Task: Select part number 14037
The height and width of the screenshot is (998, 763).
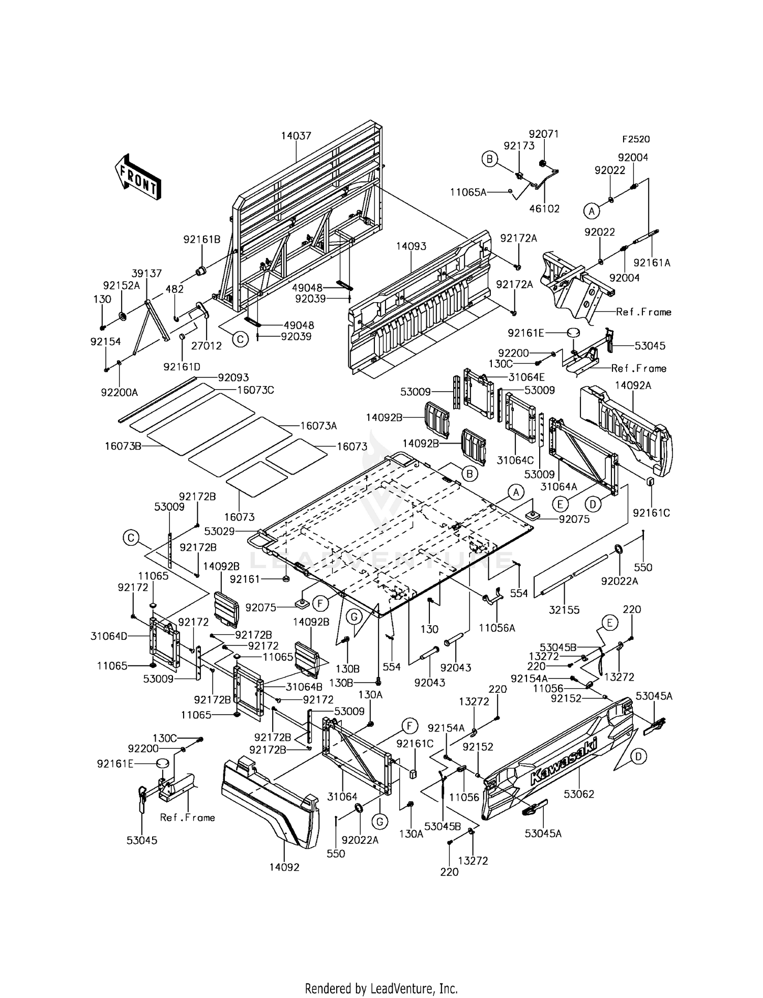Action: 296,136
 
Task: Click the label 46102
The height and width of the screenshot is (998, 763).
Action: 544,209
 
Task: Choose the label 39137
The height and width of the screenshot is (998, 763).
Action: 147,273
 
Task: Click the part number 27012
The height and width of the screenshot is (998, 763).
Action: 207,346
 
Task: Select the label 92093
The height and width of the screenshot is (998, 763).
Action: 233,378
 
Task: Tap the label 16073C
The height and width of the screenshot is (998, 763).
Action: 256,390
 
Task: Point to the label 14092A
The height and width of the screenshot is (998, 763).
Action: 633,386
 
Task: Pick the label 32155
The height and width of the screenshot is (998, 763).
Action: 565,610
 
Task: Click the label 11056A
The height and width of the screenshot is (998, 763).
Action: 497,628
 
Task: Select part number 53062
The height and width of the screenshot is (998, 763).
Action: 579,794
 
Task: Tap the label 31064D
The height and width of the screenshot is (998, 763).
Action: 109,636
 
